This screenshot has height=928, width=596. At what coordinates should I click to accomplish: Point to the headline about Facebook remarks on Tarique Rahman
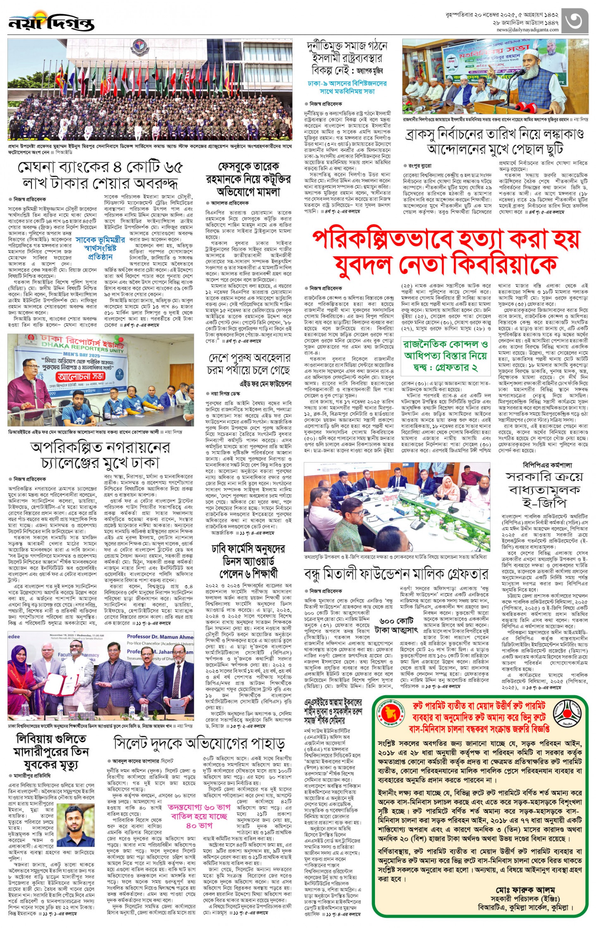click(x=249, y=179)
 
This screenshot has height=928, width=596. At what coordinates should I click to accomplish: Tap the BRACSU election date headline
click(x=494, y=142)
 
